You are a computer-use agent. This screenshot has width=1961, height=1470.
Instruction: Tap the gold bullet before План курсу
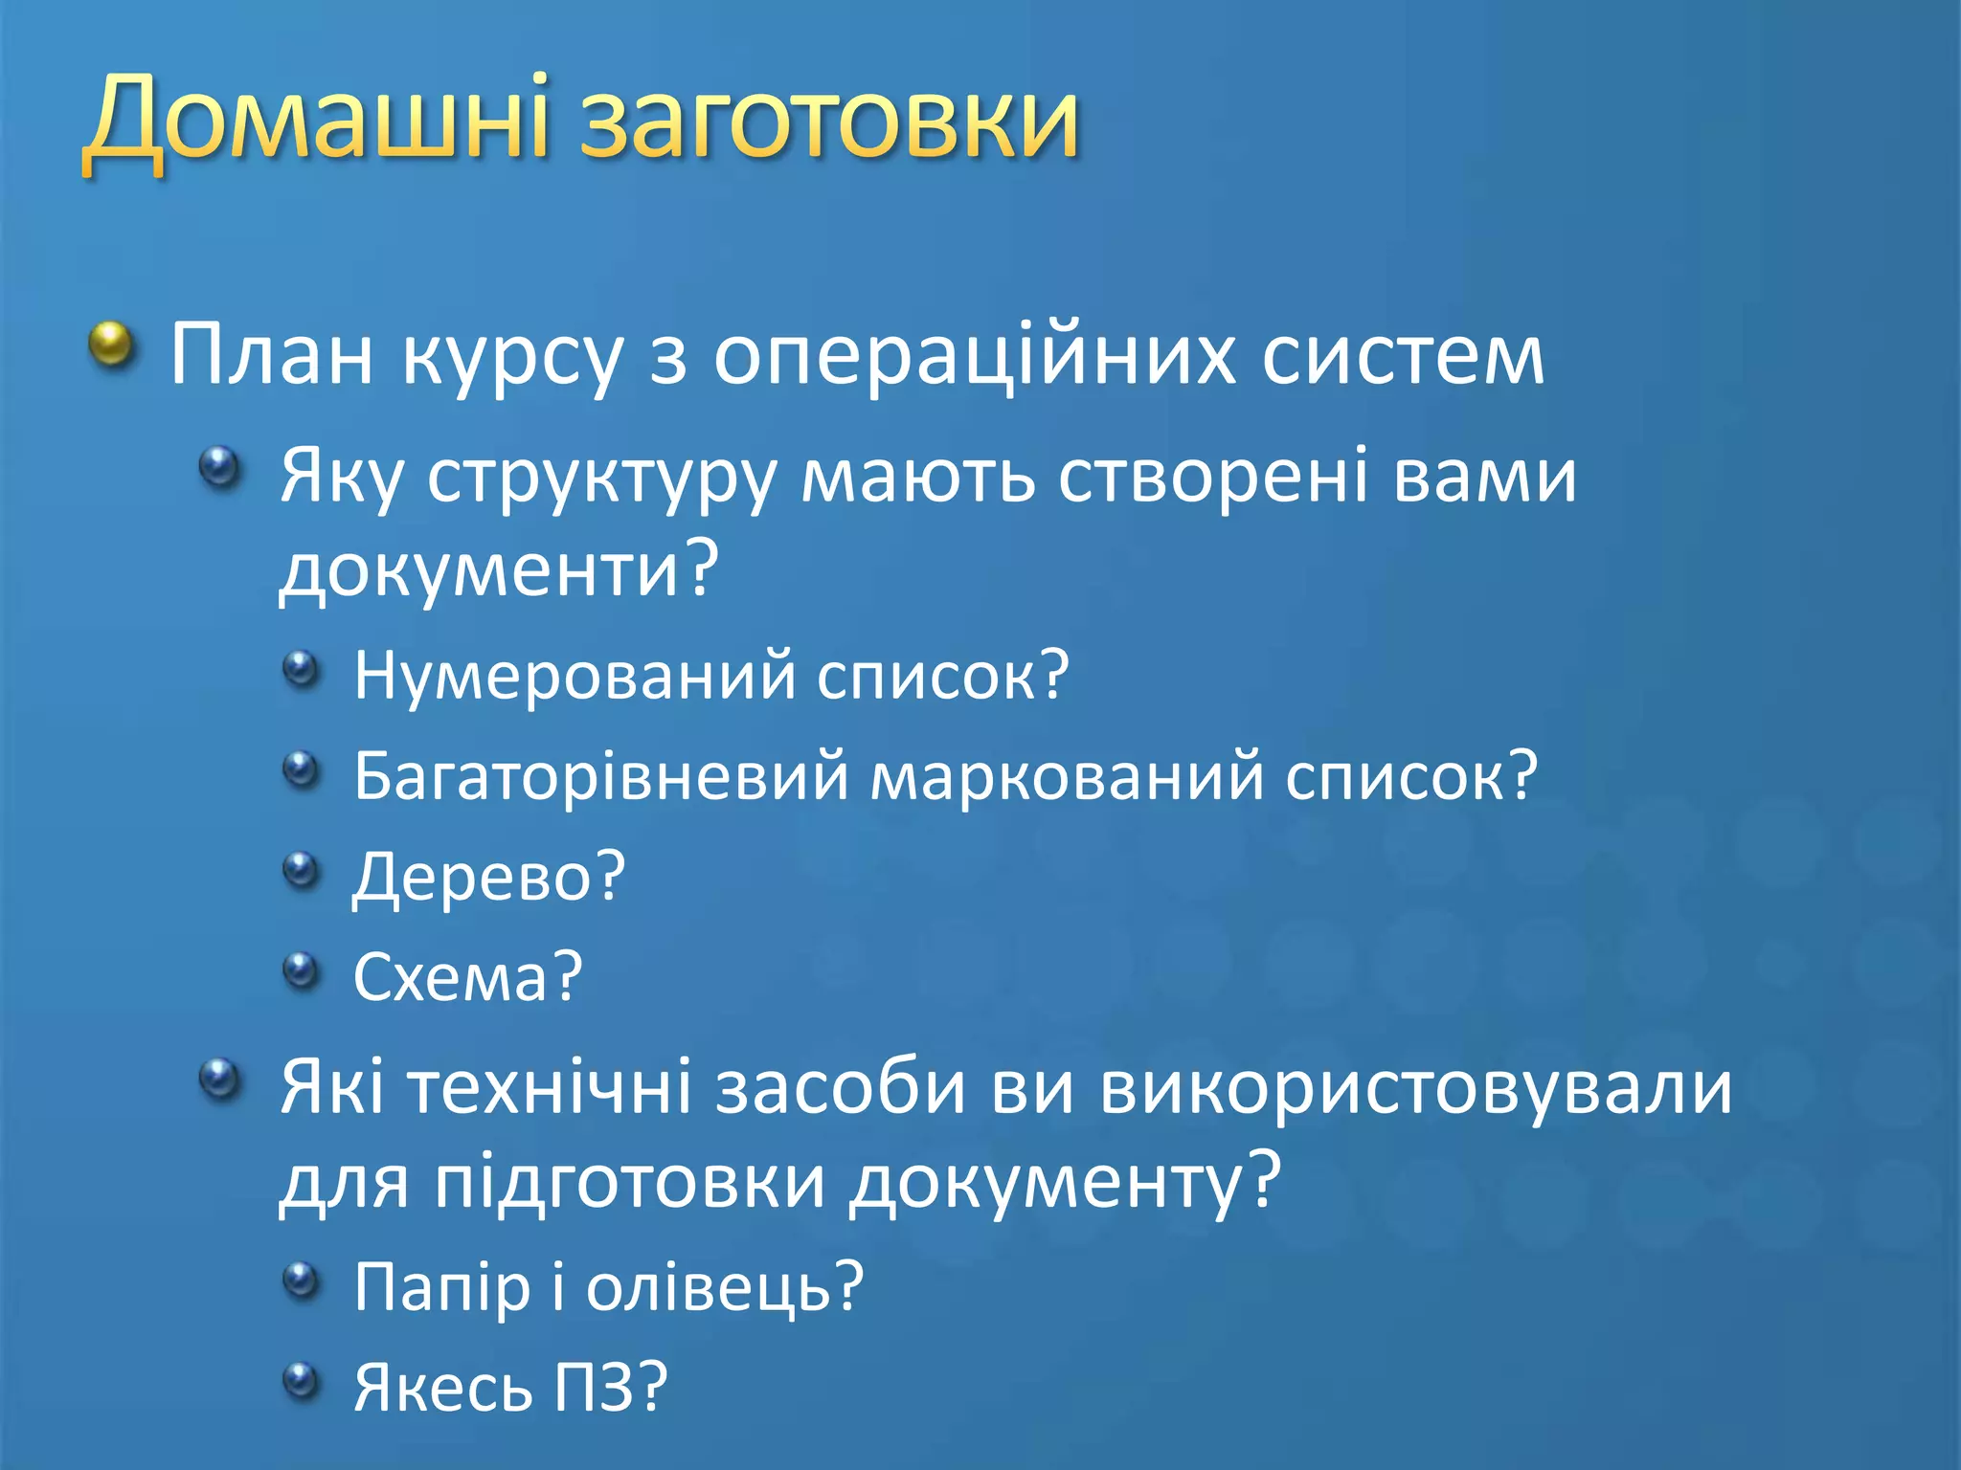pyautogui.click(x=113, y=345)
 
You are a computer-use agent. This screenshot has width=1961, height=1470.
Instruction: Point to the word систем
pyautogui.click(x=1402, y=356)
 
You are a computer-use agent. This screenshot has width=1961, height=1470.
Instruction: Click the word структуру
pyautogui.click(x=600, y=477)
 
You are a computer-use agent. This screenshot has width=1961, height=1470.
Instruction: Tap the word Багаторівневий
pyautogui.click(x=600, y=776)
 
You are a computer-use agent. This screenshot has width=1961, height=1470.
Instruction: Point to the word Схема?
pyautogui.click(x=467, y=977)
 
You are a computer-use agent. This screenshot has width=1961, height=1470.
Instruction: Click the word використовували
pyautogui.click(x=1415, y=1089)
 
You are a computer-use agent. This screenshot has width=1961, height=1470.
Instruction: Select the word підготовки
pyautogui.click(x=630, y=1182)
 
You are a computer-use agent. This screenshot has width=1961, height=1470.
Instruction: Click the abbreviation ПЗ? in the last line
pyautogui.click(x=610, y=1388)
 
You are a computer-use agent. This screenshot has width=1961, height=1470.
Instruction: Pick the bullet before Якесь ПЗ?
pyautogui.click(x=301, y=1380)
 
